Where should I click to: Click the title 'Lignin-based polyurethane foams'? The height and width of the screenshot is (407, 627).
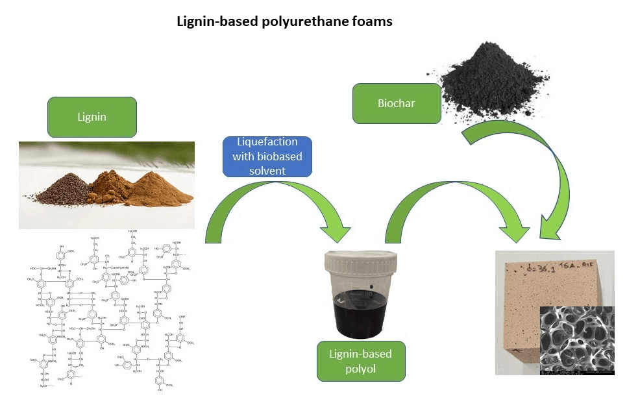pyautogui.click(x=284, y=22)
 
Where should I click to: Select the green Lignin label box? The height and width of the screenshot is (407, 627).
pyautogui.click(x=92, y=117)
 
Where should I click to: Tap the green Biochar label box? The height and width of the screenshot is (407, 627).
pyautogui.click(x=396, y=103)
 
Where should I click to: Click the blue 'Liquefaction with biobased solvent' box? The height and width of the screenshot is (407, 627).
pyautogui.click(x=267, y=156)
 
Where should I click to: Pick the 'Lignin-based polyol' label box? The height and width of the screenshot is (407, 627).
pyautogui.click(x=362, y=362)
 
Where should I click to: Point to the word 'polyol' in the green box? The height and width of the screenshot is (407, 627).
pyautogui.click(x=362, y=369)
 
